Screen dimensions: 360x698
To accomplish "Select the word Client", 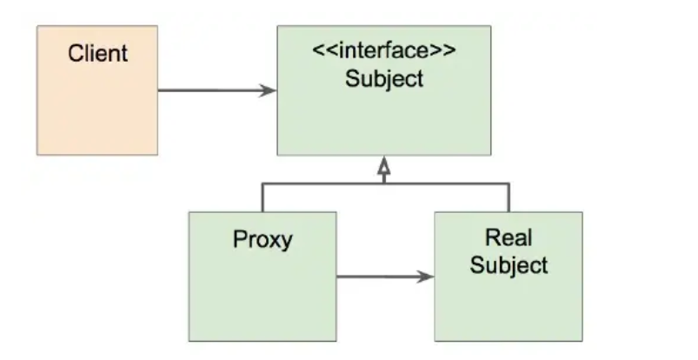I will [x=97, y=53].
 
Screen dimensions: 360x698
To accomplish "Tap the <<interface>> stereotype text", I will [x=383, y=50].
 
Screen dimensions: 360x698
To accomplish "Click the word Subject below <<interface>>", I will [x=383, y=78].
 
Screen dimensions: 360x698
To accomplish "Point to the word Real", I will [x=509, y=237].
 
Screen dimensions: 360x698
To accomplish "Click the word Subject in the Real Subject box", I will [x=509, y=264].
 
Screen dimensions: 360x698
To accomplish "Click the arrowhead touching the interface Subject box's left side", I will [x=269, y=90].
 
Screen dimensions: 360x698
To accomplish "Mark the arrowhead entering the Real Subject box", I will [x=426, y=277].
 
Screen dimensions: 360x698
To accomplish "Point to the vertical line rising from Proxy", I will [x=262, y=197].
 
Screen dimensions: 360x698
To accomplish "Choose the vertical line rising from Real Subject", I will [x=509, y=197].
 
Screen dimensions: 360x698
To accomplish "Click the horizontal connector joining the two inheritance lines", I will [x=383, y=183].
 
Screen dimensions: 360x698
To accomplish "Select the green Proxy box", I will [x=262, y=296].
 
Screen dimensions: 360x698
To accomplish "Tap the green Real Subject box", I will [x=509, y=304].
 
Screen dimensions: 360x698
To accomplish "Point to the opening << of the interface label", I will [x=321, y=50].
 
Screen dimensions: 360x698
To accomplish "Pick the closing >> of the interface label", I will [x=446, y=50].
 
